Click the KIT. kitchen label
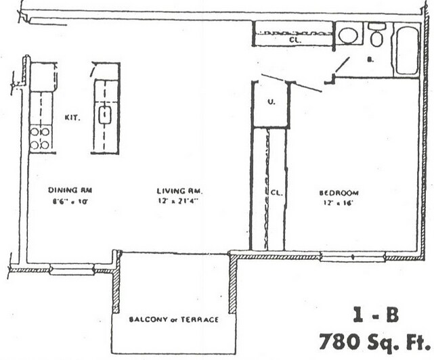pyautogui.click(x=72, y=117)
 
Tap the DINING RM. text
pyautogui.click(x=66, y=190)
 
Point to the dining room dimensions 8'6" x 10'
pyautogui.click(x=66, y=201)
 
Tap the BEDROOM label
pyautogui.click(x=339, y=192)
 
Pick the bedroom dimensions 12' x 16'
pyautogui.click(x=339, y=202)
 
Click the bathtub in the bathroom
pyautogui.click(x=407, y=50)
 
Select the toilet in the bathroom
pyautogui.click(x=377, y=37)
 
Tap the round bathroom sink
pyautogui.click(x=348, y=36)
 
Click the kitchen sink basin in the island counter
pyautogui.click(x=105, y=115)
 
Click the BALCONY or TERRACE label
pyautogui.click(x=175, y=319)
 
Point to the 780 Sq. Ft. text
pyautogui.click(x=374, y=340)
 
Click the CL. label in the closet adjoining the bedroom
pyautogui.click(x=276, y=193)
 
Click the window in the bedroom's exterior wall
pyautogui.click(x=353, y=256)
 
